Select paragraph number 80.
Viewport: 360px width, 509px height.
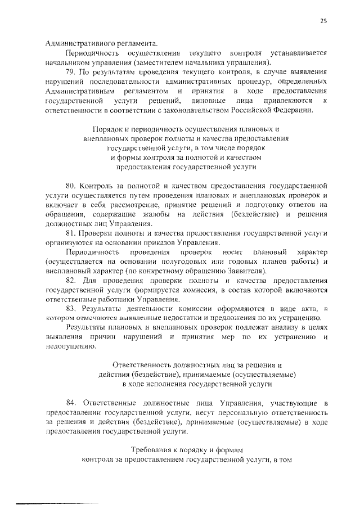pyautogui.click(x=71, y=184)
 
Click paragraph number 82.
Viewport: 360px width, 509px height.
pyautogui.click(x=71, y=280)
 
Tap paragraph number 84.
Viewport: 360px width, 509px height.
pyautogui.click(x=71, y=404)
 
